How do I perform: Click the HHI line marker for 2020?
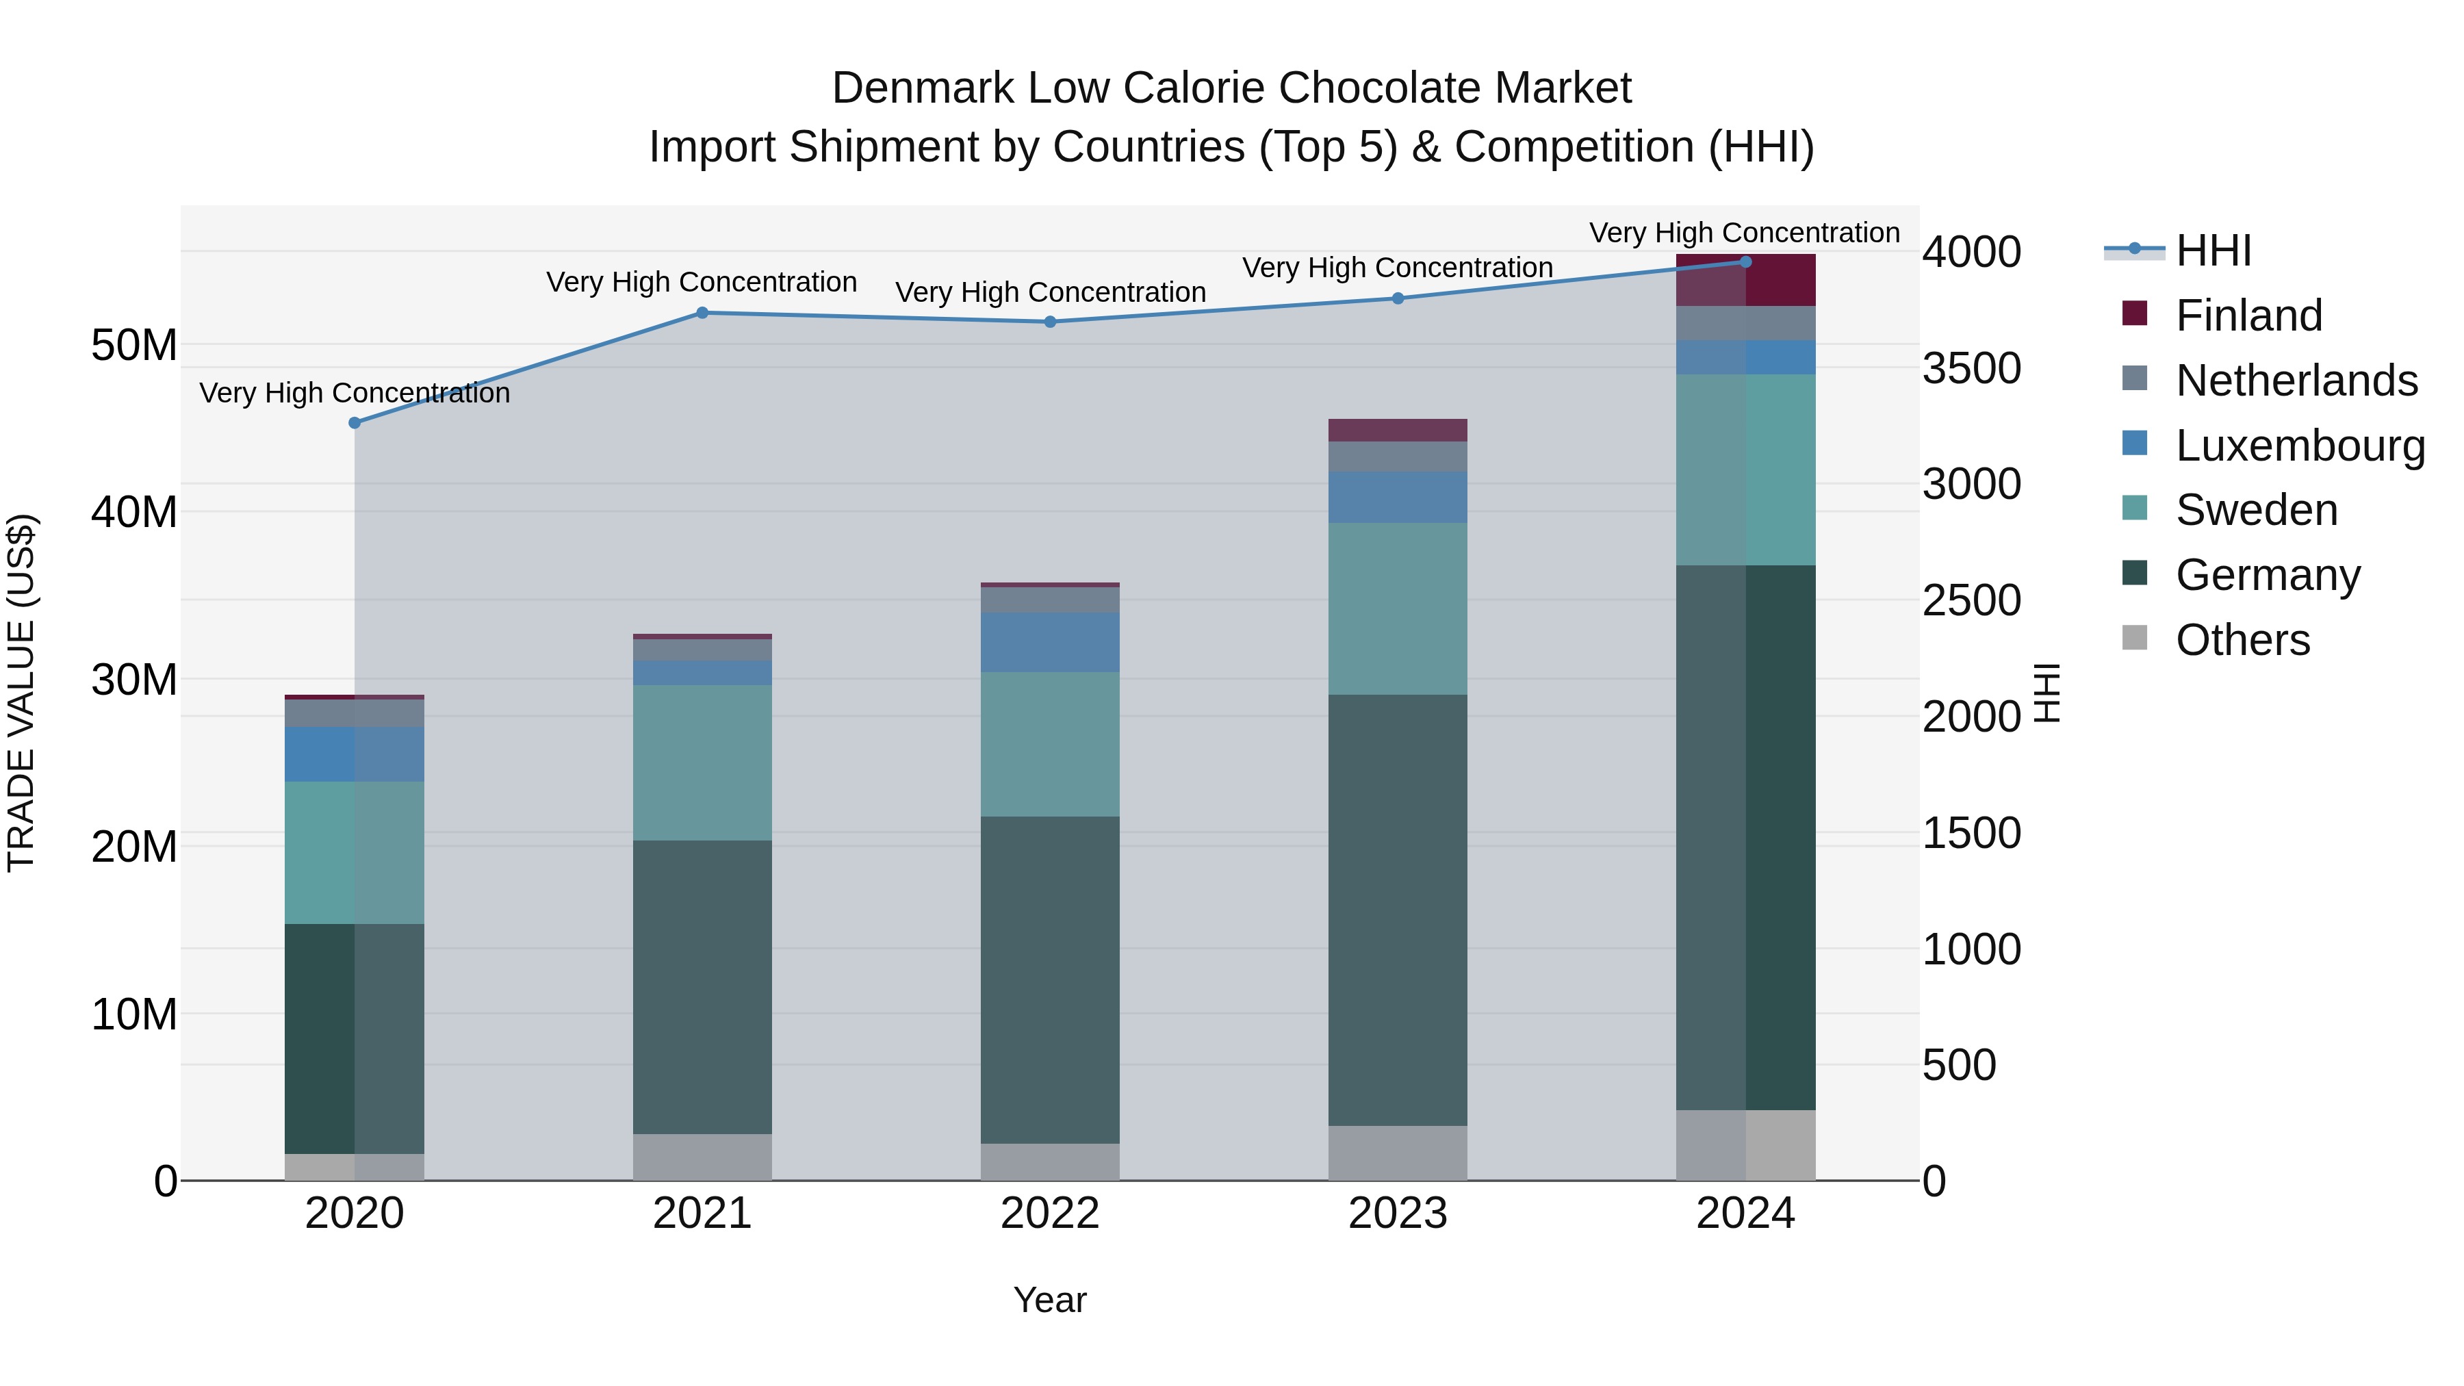coord(355,423)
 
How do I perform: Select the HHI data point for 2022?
coord(1049,322)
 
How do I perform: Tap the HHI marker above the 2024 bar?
coord(1745,261)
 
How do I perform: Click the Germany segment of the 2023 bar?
coord(1398,909)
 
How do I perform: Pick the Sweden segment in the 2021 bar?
coord(702,762)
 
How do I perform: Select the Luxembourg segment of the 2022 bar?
coord(1049,642)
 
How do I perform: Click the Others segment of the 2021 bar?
coord(702,1157)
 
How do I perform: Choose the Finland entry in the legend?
coord(2248,316)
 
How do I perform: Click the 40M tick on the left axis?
coord(134,512)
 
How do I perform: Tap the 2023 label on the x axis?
coord(1398,1214)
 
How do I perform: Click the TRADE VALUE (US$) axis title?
coord(21,693)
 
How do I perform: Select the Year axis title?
coord(1049,1300)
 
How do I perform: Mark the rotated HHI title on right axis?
coord(2045,693)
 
